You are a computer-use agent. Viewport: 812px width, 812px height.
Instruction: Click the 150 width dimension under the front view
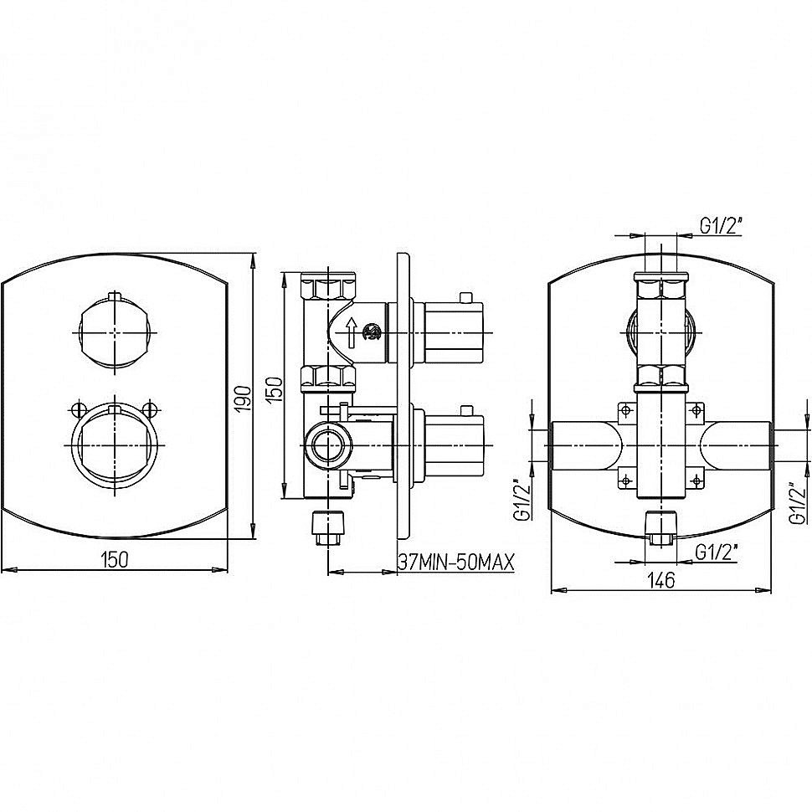tap(114, 559)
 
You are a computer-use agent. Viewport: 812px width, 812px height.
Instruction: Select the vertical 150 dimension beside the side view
tap(276, 389)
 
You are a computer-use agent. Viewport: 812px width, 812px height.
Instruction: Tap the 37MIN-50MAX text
tap(456, 562)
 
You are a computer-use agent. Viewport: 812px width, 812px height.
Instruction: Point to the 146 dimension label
tap(661, 580)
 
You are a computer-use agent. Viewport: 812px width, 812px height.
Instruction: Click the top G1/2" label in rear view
tap(722, 226)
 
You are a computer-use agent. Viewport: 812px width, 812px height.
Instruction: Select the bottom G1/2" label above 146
tap(717, 553)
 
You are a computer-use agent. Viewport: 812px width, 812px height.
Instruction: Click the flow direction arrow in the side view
tap(352, 332)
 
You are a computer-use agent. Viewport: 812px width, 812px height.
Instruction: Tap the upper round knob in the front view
tap(115, 331)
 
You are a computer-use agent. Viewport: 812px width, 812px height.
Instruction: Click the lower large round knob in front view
tap(115, 445)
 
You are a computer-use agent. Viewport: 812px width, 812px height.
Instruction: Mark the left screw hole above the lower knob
tap(79, 409)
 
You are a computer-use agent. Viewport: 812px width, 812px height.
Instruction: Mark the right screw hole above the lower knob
tap(150, 409)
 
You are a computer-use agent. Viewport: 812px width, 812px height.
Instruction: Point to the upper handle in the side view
tap(454, 331)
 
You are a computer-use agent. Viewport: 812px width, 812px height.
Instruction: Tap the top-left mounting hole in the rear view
tap(626, 411)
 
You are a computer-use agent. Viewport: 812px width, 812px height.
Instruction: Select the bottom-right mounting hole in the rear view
tap(697, 481)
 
